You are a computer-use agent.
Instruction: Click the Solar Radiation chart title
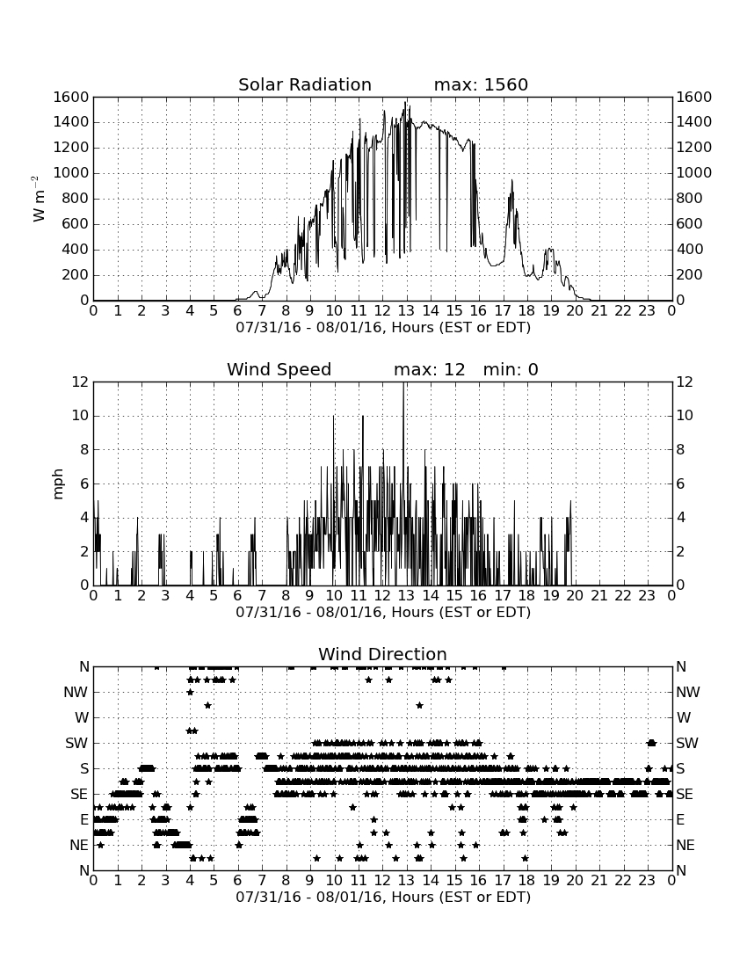(304, 84)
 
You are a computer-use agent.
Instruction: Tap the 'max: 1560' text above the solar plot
(481, 84)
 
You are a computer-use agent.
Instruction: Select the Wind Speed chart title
(279, 369)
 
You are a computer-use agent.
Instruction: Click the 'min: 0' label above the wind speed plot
(511, 369)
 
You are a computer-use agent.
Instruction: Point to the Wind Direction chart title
(382, 654)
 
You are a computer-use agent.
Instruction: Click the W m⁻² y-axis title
(38, 199)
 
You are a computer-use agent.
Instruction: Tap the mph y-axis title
(58, 484)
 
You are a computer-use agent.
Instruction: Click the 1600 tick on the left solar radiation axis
(71, 98)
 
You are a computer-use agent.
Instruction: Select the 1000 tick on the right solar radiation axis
(694, 173)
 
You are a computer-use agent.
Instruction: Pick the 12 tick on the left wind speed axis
(80, 382)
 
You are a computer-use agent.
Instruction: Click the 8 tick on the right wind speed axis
(680, 450)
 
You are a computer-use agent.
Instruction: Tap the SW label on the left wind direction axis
(76, 744)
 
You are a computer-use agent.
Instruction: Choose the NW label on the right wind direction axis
(688, 693)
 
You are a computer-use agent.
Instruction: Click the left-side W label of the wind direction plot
(82, 718)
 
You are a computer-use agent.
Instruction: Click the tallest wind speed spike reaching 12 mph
(403, 484)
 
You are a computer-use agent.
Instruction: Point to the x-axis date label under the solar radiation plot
(383, 328)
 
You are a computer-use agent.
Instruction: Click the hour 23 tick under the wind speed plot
(647, 596)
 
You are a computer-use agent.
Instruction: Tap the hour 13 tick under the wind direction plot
(406, 881)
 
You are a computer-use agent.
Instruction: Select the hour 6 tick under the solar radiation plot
(237, 311)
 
